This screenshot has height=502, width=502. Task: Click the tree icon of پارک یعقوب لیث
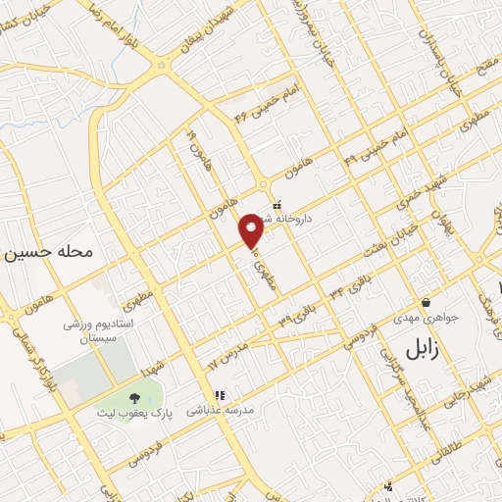point(134,396)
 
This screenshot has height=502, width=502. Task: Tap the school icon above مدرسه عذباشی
point(220,395)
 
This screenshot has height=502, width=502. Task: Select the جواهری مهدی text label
point(427,319)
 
